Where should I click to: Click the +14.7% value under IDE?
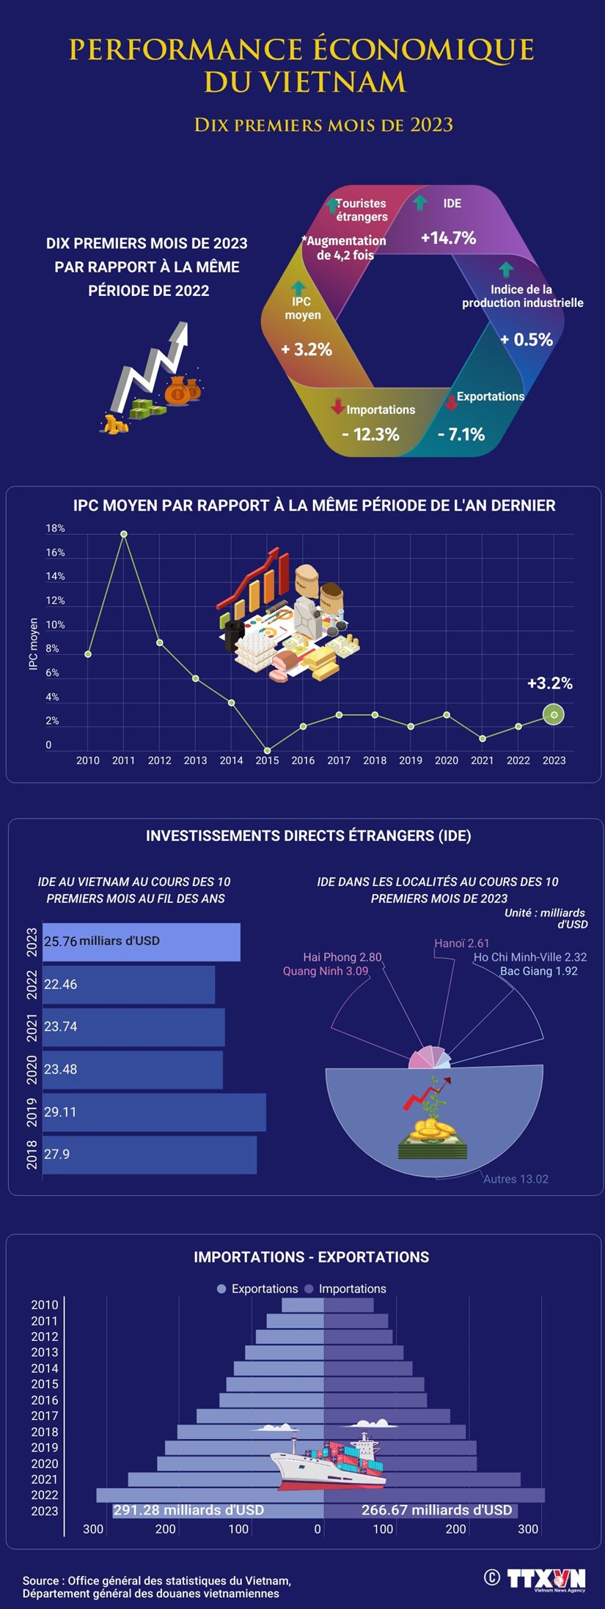pyautogui.click(x=448, y=237)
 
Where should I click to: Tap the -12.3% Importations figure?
pyautogui.click(x=370, y=434)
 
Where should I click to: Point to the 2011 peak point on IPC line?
pyautogui.click(x=124, y=534)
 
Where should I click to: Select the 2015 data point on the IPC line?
pyautogui.click(x=267, y=750)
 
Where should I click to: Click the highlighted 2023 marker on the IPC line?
pyautogui.click(x=554, y=714)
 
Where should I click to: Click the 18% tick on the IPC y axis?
pyautogui.click(x=55, y=528)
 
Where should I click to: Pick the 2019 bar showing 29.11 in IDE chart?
pyautogui.click(x=154, y=1112)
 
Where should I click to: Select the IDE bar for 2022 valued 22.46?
pyautogui.click(x=129, y=984)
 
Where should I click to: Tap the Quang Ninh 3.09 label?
pyautogui.click(x=326, y=971)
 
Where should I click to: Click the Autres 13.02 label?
pyautogui.click(x=516, y=1179)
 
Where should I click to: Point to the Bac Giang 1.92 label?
pyautogui.click(x=538, y=971)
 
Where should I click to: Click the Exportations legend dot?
pyautogui.click(x=221, y=1289)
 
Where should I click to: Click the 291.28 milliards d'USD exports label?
pyautogui.click(x=188, y=1510)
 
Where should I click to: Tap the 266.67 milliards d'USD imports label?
pyautogui.click(x=436, y=1510)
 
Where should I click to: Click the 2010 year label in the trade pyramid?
pyautogui.click(x=45, y=1305)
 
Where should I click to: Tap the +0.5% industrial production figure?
pyautogui.click(x=526, y=339)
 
